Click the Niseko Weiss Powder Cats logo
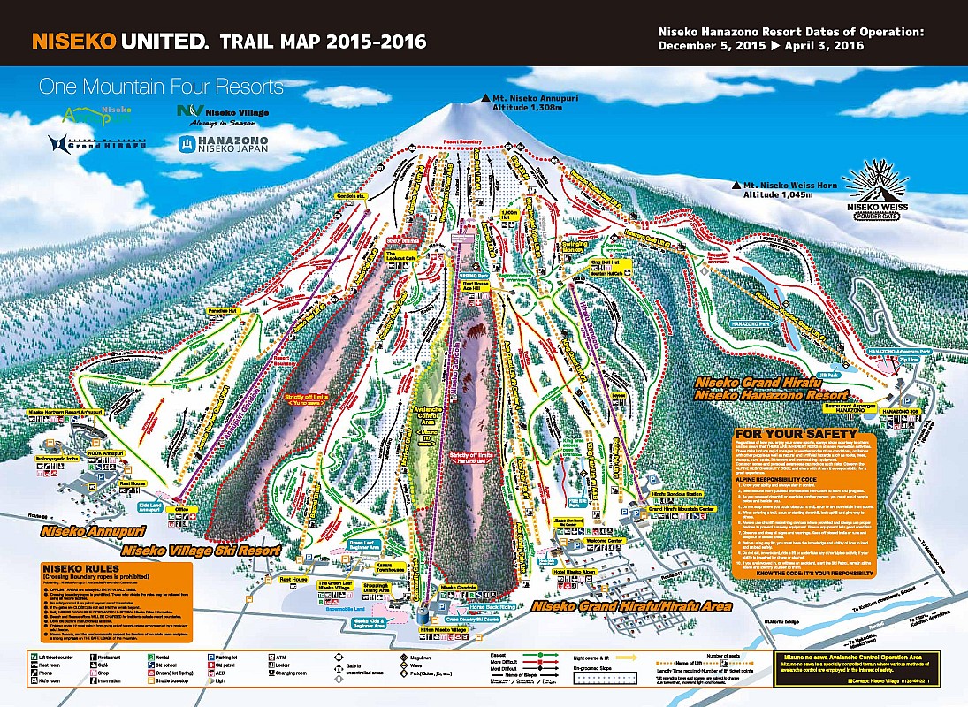coord(875,191)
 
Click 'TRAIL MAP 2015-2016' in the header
coord(323,42)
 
